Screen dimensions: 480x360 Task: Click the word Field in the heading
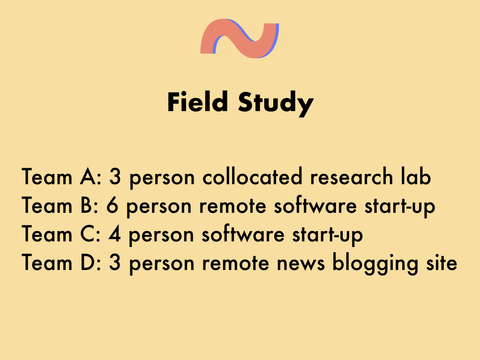coord(197,102)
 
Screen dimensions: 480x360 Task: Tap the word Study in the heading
coord(276,104)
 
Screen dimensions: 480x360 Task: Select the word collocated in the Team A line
coord(252,176)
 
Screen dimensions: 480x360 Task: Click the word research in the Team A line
coord(352,176)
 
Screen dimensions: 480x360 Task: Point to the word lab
coord(416,176)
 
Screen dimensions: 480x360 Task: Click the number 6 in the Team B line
coord(112,205)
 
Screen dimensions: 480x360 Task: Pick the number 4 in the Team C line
coord(114,234)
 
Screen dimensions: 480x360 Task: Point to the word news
coord(300,263)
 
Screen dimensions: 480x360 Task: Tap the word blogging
coord(375,263)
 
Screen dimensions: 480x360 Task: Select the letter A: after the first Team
coord(90,177)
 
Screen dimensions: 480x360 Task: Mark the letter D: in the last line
coord(91,262)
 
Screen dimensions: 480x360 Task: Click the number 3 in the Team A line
coord(115,177)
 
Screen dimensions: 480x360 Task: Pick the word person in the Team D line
coord(162,264)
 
